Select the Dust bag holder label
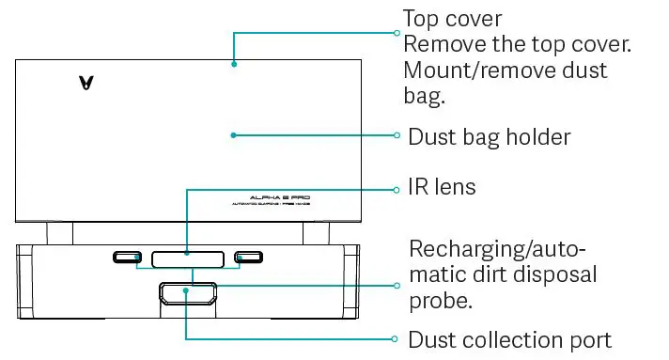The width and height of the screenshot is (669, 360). click(x=489, y=137)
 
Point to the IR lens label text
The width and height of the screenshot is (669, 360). click(x=442, y=187)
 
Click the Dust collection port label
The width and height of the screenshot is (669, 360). click(x=509, y=339)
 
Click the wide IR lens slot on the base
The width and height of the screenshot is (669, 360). click(x=188, y=258)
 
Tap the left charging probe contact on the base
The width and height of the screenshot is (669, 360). click(x=128, y=258)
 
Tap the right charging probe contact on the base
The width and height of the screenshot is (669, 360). click(x=249, y=258)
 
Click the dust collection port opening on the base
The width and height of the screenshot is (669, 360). click(x=188, y=295)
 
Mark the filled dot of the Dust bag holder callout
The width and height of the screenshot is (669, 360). click(x=233, y=135)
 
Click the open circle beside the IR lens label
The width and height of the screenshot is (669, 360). click(x=397, y=189)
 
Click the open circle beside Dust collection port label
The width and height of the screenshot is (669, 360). click(x=397, y=339)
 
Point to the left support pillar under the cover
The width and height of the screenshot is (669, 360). click(x=59, y=233)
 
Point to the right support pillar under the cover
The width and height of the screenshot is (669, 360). click(x=317, y=233)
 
